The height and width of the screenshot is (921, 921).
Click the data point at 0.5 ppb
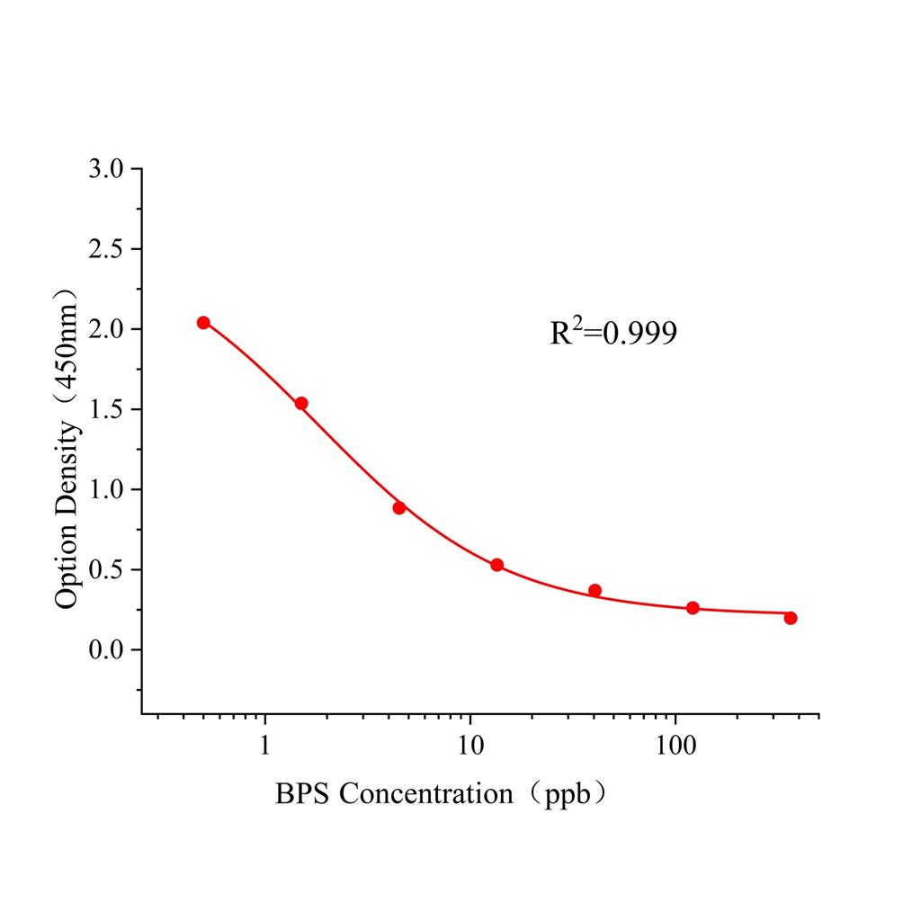pyautogui.click(x=203, y=323)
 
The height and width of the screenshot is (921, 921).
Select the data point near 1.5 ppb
pyautogui.click(x=301, y=404)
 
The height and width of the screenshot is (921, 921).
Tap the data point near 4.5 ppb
pyautogui.click(x=399, y=508)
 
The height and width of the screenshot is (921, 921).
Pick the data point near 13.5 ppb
pyautogui.click(x=496, y=565)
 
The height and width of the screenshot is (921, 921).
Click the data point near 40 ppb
pyautogui.click(x=595, y=591)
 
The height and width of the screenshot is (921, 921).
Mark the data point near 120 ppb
pyautogui.click(x=693, y=608)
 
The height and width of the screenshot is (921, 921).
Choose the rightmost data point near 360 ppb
pyautogui.click(x=791, y=618)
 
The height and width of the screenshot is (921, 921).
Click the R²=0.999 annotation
pyautogui.click(x=613, y=334)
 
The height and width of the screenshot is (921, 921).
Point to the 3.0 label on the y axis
pyautogui.click(x=108, y=169)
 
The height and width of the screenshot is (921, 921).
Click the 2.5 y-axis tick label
pyautogui.click(x=108, y=249)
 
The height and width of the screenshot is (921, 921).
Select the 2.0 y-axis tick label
pyautogui.click(x=108, y=329)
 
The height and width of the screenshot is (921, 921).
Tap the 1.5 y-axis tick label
pyautogui.click(x=108, y=409)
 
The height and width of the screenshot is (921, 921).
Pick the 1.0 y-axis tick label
pyautogui.click(x=108, y=489)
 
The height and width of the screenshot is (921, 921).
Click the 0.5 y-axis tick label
pyautogui.click(x=108, y=569)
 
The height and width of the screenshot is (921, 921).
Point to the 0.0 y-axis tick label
pyautogui.click(x=108, y=649)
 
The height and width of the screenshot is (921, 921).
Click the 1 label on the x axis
pyautogui.click(x=265, y=747)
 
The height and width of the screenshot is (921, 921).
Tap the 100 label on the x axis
pyautogui.click(x=675, y=747)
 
